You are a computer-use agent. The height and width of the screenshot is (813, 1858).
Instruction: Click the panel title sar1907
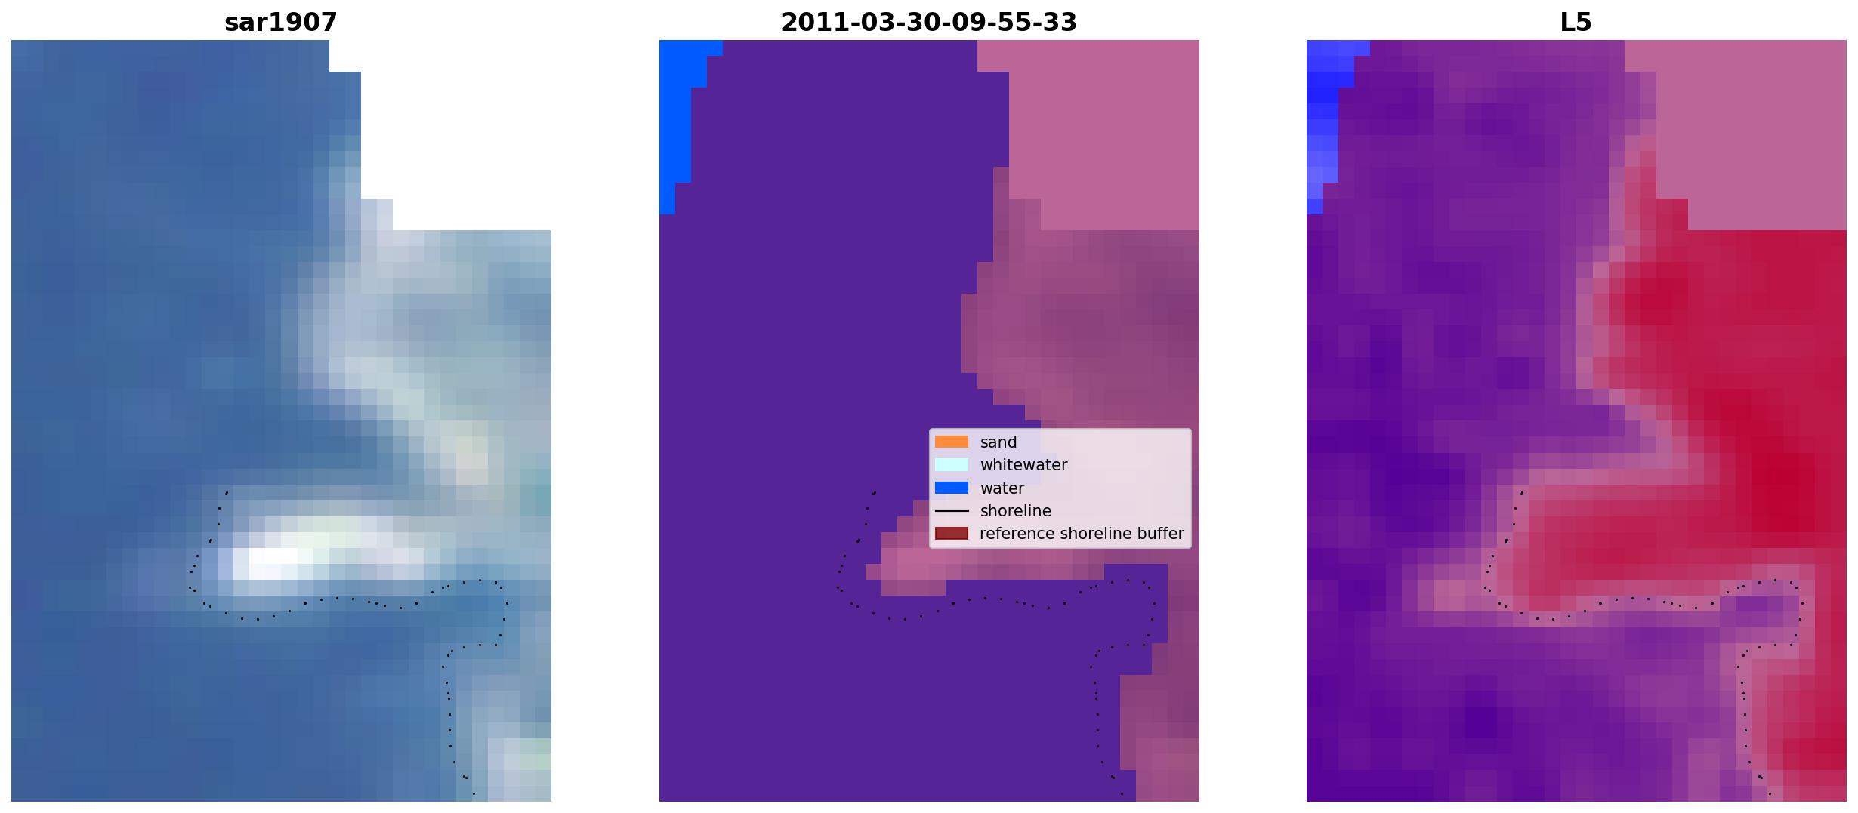(281, 23)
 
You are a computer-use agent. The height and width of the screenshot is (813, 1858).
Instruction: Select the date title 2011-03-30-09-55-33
(928, 23)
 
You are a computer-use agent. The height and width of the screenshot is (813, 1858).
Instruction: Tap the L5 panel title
(1576, 23)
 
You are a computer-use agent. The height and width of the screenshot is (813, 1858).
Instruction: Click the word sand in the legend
(998, 442)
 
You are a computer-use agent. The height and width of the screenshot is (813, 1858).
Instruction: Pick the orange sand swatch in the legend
(952, 442)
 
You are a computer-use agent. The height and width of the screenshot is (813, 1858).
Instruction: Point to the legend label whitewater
(1023, 465)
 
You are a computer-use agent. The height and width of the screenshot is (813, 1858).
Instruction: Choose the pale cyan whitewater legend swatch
(952, 465)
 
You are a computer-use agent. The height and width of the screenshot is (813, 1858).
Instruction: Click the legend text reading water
(1002, 488)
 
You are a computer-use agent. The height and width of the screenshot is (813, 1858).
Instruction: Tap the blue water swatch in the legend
(952, 488)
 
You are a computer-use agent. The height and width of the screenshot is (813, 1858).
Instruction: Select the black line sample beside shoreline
(952, 511)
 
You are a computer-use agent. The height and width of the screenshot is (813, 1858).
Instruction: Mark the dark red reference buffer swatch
(952, 534)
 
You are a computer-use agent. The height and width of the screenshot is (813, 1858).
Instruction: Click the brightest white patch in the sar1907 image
(272, 559)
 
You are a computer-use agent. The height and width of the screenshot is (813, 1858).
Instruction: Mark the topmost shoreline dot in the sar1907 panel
(227, 493)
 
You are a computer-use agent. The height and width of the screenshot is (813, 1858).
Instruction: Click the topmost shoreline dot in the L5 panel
(1522, 493)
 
